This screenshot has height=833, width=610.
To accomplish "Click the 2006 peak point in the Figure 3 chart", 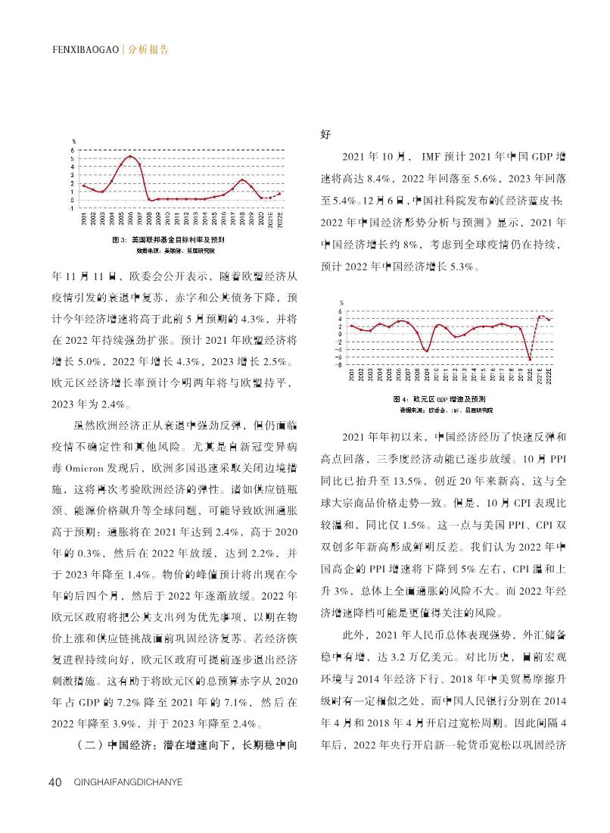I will (130, 157).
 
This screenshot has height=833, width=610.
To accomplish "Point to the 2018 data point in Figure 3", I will (241, 179).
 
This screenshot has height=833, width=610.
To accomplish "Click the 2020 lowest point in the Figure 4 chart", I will (530, 359).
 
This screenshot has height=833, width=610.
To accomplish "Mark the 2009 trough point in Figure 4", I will (427, 351).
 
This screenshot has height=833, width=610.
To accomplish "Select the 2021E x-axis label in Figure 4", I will (540, 375).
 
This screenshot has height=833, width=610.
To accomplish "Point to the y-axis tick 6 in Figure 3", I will (73, 150).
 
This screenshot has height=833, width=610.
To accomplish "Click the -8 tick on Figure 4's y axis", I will (342, 364).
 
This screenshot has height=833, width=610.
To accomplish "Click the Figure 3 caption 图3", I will (118, 239).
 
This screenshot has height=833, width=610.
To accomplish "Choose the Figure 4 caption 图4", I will (402, 398).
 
